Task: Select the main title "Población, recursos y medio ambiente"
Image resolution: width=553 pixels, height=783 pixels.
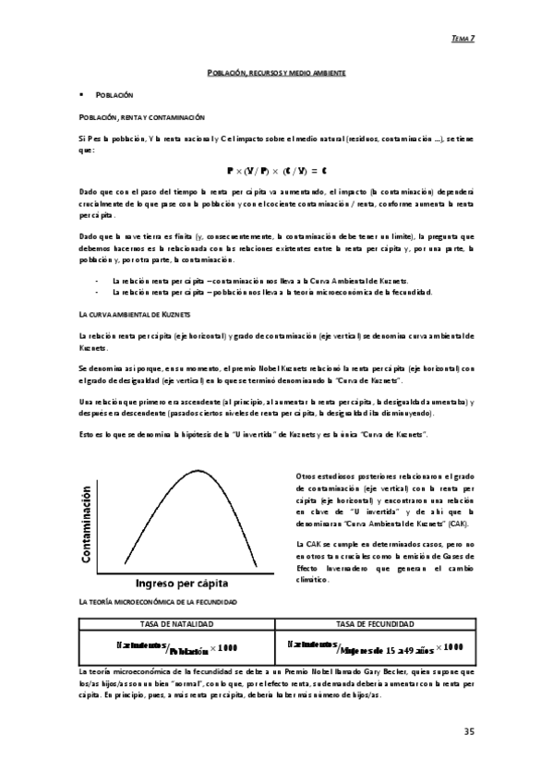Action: (275, 71)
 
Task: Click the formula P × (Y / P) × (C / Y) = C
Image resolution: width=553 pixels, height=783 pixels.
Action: (275, 171)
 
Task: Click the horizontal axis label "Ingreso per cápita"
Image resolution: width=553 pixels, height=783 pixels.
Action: (183, 584)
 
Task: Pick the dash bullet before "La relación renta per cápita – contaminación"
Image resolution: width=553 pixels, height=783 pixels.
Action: (98, 280)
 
